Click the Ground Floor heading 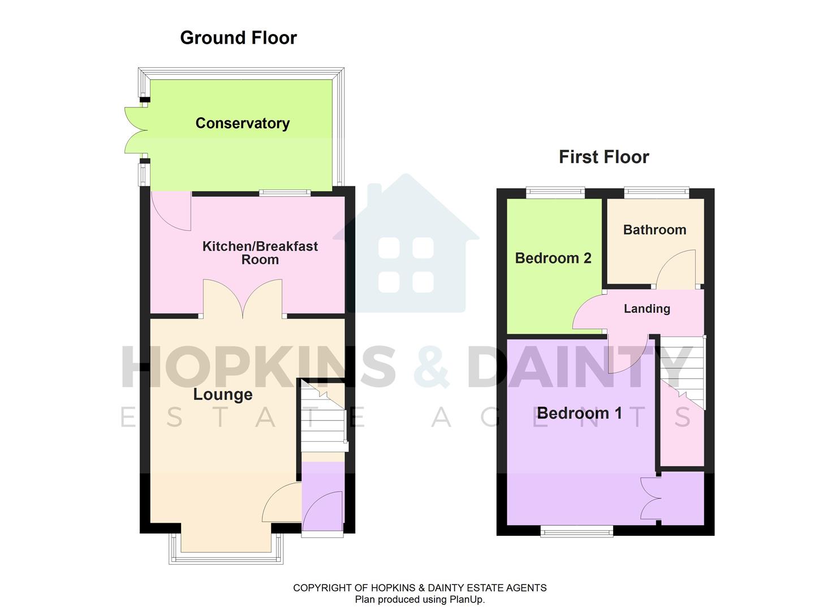[238, 38]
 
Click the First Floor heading [604, 157]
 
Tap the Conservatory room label [242, 123]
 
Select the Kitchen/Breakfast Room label [260, 253]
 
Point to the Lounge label [223, 394]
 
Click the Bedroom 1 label [579, 413]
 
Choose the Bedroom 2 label [553, 258]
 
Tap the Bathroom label [654, 230]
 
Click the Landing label [647, 308]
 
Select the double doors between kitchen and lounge [243, 298]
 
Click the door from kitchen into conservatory [172, 211]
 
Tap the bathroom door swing [675, 269]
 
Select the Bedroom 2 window [555, 193]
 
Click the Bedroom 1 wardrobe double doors [651, 498]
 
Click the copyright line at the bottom [419, 588]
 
